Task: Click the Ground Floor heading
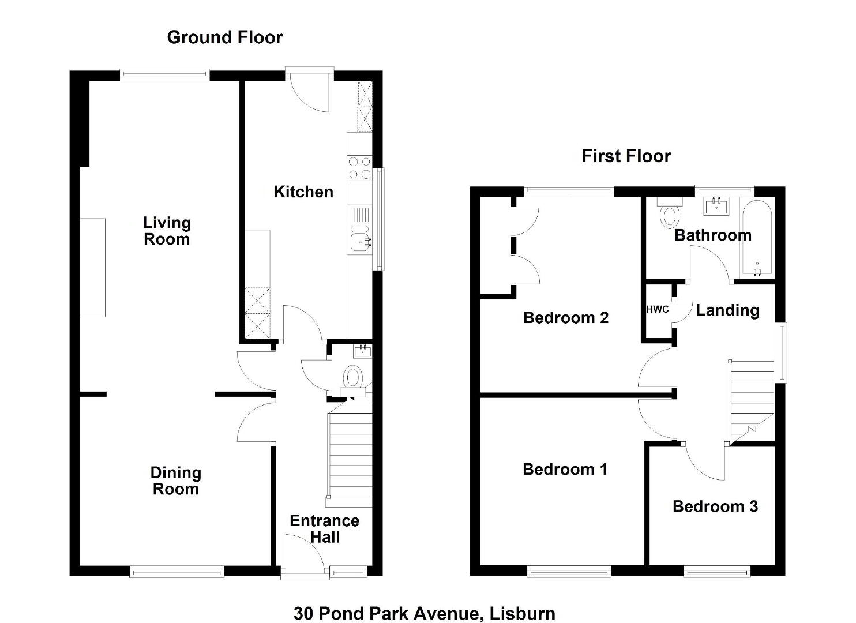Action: (225, 37)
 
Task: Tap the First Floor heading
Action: (626, 156)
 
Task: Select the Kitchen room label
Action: (303, 192)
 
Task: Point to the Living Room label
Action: (167, 231)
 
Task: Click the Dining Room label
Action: (176, 481)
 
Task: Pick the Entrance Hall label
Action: (325, 528)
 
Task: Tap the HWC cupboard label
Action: (658, 309)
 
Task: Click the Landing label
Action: (727, 310)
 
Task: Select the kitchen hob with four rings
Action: (359, 168)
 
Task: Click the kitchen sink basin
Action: (361, 238)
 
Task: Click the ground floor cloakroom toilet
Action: (354, 378)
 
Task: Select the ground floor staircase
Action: (350, 455)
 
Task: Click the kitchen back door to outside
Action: (310, 90)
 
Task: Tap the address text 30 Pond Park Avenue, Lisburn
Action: (424, 602)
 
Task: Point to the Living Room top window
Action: (165, 74)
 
